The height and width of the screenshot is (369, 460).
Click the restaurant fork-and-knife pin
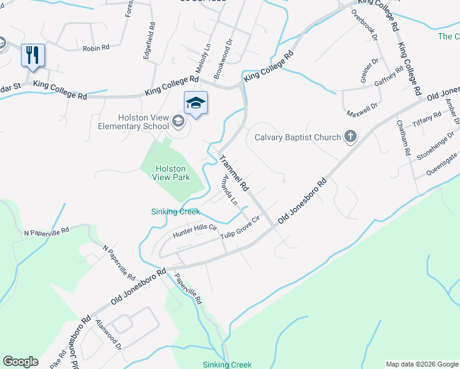coord(33,55)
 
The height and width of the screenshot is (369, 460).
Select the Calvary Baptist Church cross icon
coord(351,137)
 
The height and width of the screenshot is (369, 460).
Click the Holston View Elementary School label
coord(133,122)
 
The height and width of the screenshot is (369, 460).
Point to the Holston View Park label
coord(172,173)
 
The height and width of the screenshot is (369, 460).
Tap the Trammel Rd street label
coord(235,172)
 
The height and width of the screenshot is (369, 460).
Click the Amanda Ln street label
coord(229,191)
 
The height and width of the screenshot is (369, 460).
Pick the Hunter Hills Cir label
coord(196,228)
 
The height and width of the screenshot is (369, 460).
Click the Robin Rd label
coord(95,48)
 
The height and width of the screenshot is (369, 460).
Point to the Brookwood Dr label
coord(224,59)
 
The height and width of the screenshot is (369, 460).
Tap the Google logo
coord(20,362)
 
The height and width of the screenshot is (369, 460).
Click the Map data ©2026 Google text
coord(422,364)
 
